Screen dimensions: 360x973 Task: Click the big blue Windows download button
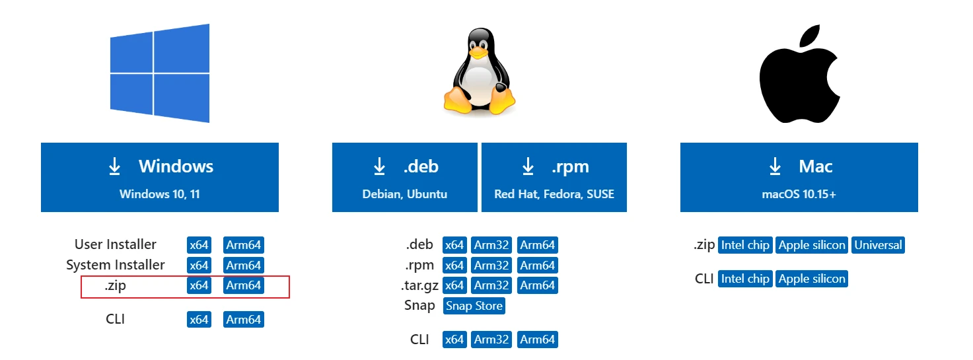[x=159, y=177]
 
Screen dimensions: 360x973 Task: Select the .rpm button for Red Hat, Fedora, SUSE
[x=554, y=177]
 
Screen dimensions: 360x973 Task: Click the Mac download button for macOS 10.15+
[x=799, y=177]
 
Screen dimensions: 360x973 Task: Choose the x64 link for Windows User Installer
[x=199, y=245]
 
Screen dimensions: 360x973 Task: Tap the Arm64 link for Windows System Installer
[x=244, y=266]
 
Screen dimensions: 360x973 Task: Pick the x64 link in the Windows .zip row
[x=199, y=285]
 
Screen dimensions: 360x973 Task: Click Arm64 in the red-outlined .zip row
[x=244, y=285]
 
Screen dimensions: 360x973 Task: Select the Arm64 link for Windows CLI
[x=244, y=320]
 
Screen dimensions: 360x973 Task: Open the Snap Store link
[x=474, y=306]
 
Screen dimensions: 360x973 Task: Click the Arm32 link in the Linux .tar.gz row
[x=491, y=285]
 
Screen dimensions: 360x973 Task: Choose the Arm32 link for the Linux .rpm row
[x=491, y=266]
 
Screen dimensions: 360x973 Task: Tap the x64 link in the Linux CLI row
[x=454, y=340]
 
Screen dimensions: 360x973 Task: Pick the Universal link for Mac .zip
[x=878, y=245]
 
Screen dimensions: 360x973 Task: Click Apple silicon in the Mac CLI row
[x=812, y=279]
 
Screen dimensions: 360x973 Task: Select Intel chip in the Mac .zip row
[x=745, y=245]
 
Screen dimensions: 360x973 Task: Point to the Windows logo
[x=159, y=73]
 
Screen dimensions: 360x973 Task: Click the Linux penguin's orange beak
[x=479, y=52]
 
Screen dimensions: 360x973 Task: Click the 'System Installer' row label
[x=116, y=265]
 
